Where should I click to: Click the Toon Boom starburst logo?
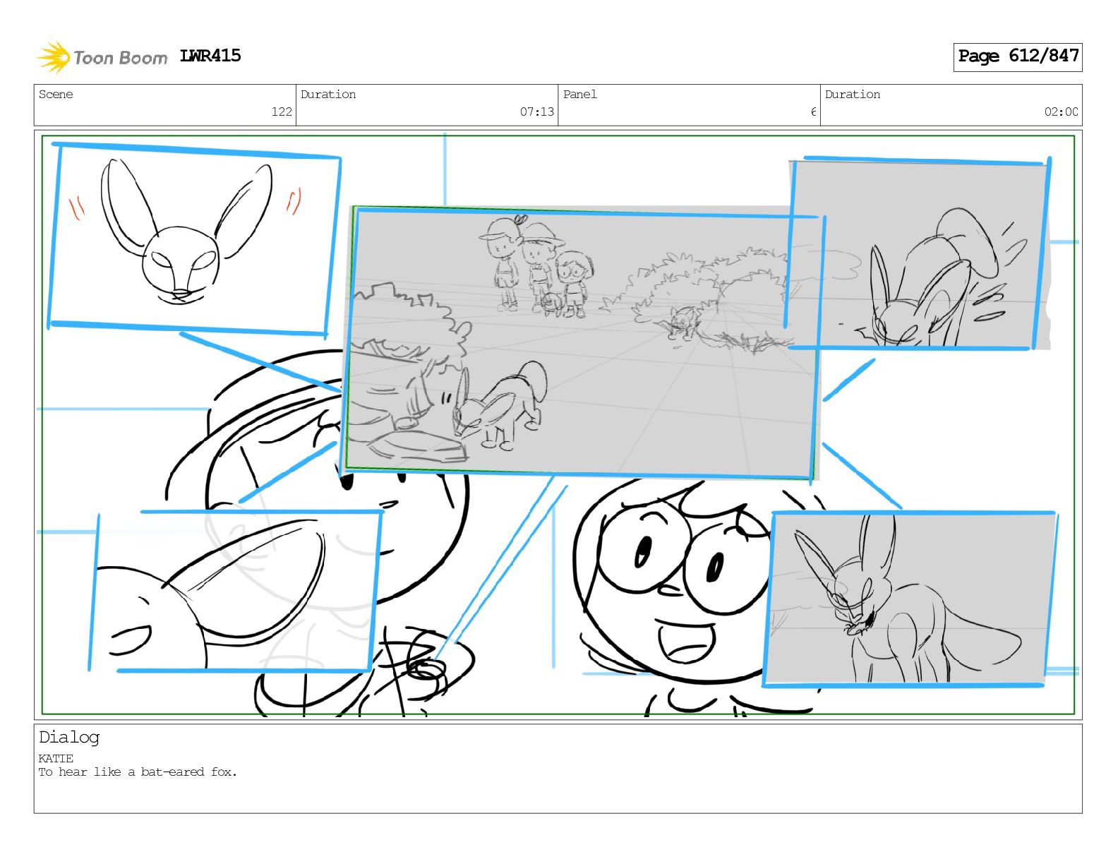pyautogui.click(x=54, y=57)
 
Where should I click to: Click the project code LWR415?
pyautogui.click(x=210, y=56)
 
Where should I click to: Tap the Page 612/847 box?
pyautogui.click(x=1017, y=57)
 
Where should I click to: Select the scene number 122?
pyautogui.click(x=282, y=112)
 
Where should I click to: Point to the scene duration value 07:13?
pyautogui.click(x=536, y=112)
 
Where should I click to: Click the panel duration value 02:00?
pyautogui.click(x=1061, y=112)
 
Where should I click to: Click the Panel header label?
pyautogui.click(x=580, y=94)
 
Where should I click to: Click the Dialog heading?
pyautogui.click(x=69, y=738)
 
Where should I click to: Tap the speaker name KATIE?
pyautogui.click(x=56, y=758)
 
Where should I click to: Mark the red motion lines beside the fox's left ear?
pyautogui.click(x=77, y=208)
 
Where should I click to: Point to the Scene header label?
pyautogui.click(x=56, y=94)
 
